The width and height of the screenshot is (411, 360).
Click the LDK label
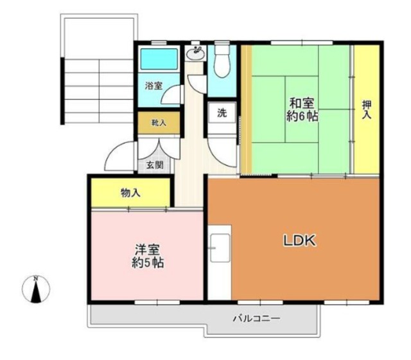click(x=299, y=241)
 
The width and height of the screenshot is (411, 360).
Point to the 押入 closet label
click(x=367, y=110)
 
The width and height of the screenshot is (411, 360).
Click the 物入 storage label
click(x=130, y=193)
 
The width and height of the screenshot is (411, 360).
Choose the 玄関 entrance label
click(x=154, y=165)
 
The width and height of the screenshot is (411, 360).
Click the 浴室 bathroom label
click(x=153, y=85)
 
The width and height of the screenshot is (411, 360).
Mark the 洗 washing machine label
click(x=222, y=113)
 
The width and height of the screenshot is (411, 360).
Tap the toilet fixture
click(x=223, y=61)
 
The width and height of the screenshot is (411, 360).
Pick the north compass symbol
click(x=37, y=290)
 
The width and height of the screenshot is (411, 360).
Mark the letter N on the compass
click(x=37, y=278)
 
